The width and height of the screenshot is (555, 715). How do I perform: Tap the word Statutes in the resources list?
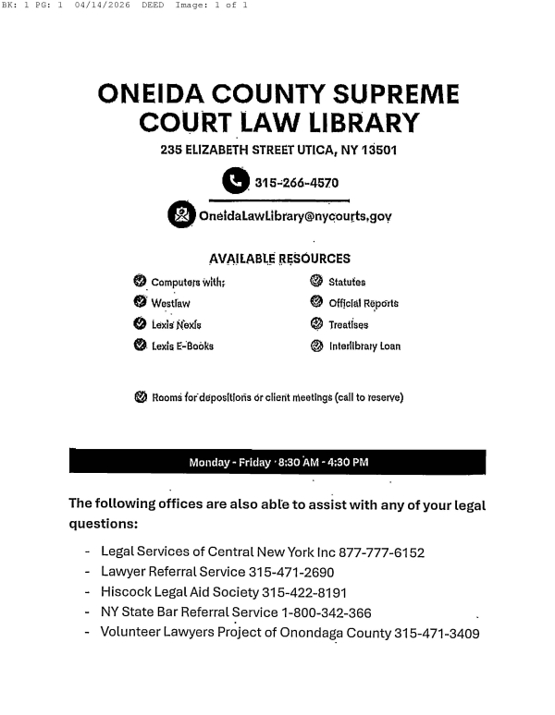[348, 281]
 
